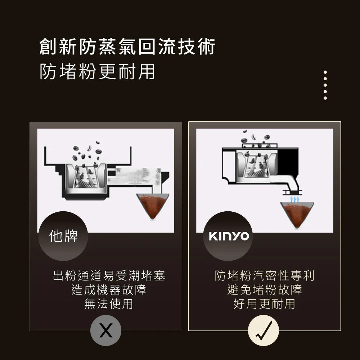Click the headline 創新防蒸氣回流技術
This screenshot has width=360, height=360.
127,47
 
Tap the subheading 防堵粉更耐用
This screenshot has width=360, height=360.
97,71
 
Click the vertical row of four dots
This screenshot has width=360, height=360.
325,85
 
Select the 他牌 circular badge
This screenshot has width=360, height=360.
63,236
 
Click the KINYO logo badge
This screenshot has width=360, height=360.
229,236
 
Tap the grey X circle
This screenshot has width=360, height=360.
105,330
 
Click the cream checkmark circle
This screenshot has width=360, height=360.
264,330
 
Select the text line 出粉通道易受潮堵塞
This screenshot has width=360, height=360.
109,276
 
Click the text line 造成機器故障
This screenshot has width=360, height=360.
109,290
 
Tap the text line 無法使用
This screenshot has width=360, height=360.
109,304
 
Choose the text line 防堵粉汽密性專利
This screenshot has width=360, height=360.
265,276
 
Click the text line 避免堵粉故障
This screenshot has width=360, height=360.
265,290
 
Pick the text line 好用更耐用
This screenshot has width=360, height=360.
265,304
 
